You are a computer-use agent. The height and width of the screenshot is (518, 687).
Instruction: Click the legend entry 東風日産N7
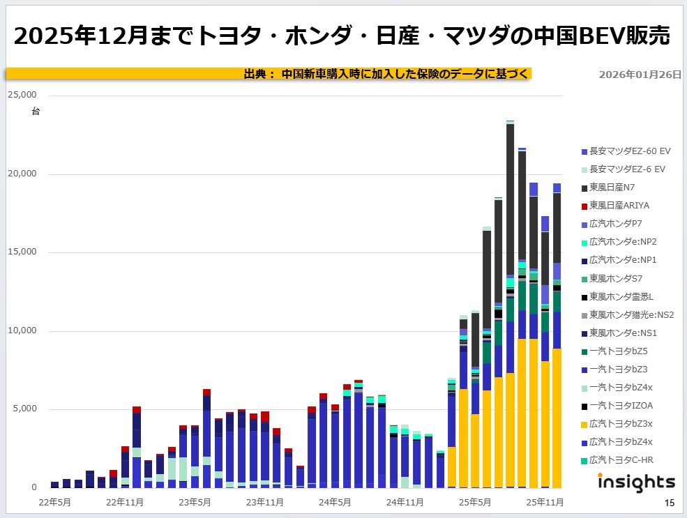point(611,188)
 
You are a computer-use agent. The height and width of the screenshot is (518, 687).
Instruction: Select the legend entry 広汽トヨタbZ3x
point(620,423)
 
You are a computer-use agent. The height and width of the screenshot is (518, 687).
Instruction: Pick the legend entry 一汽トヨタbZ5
point(618,351)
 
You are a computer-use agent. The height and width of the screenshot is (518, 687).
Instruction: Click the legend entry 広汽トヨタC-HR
point(621,459)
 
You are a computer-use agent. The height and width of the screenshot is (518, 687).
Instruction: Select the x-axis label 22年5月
point(55,501)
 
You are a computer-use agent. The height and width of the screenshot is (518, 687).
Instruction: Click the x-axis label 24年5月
point(334,501)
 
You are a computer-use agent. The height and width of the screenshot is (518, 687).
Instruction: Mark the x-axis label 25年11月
point(545,501)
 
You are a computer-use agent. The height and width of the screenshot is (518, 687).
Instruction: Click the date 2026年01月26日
point(640,75)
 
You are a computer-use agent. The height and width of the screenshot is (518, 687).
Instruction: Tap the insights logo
point(636,481)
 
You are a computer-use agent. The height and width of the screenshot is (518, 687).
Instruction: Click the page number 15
point(670,503)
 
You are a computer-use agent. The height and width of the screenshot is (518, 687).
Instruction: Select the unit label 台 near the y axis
point(36,111)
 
